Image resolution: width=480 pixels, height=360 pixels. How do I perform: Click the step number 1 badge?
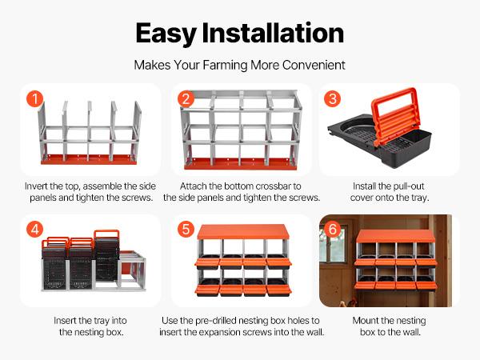34,100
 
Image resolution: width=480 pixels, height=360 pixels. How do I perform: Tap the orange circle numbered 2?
186,100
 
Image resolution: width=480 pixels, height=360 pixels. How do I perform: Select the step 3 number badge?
333,100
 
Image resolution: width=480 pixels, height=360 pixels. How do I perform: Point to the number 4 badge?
34,230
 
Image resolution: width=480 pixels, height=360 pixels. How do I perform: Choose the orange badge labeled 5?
186,230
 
